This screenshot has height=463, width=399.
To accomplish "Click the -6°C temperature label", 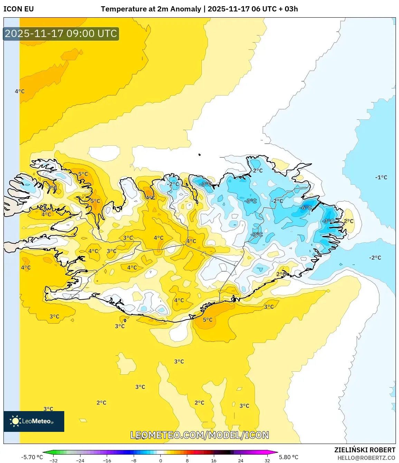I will [306, 208].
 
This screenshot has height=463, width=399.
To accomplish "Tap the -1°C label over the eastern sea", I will [381, 177].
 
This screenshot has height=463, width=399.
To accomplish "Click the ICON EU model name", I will [19, 9].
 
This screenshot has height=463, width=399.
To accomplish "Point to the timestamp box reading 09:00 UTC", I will [61, 34].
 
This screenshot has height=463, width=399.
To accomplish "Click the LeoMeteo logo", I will [34, 421].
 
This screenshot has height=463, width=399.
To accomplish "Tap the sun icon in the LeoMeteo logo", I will [15, 421].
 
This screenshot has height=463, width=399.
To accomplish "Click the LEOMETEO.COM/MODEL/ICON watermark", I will [200, 435].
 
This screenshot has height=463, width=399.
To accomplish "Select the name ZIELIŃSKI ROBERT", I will [364, 450].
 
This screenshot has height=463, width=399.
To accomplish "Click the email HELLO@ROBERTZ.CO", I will [366, 458].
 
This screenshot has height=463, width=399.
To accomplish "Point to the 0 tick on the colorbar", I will [160, 461].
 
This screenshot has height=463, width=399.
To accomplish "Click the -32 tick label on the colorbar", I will [54, 461].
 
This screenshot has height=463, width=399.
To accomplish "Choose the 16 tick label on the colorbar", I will [213, 461].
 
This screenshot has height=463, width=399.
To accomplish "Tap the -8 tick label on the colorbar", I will [134, 461].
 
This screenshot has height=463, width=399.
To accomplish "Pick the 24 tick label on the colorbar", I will [240, 461].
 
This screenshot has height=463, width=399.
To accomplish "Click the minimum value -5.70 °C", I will [32, 457].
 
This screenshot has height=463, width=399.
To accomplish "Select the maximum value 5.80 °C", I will [288, 457].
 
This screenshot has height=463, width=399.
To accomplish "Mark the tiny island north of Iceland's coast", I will [199, 155].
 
